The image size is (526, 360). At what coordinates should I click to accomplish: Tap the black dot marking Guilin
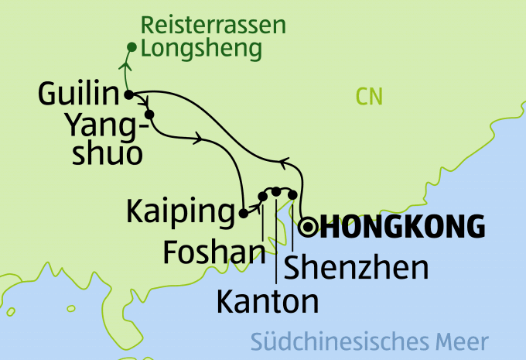click(128, 94)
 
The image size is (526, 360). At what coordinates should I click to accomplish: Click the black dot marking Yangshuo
click(149, 115)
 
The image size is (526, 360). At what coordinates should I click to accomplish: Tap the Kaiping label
click(179, 211)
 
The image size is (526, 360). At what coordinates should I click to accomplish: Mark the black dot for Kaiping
click(243, 213)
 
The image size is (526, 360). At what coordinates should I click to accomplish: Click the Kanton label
click(268, 302)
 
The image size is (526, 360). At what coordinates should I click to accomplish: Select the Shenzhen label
click(356, 267)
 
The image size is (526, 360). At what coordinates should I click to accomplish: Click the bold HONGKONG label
click(402, 227)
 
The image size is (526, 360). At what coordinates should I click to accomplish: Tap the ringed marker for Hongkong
click(309, 226)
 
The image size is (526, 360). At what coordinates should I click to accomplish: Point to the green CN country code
click(370, 97)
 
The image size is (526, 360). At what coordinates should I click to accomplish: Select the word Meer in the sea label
click(461, 341)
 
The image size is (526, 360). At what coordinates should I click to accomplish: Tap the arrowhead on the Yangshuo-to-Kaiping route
click(203, 139)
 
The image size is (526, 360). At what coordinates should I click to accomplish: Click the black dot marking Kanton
click(276, 190)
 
